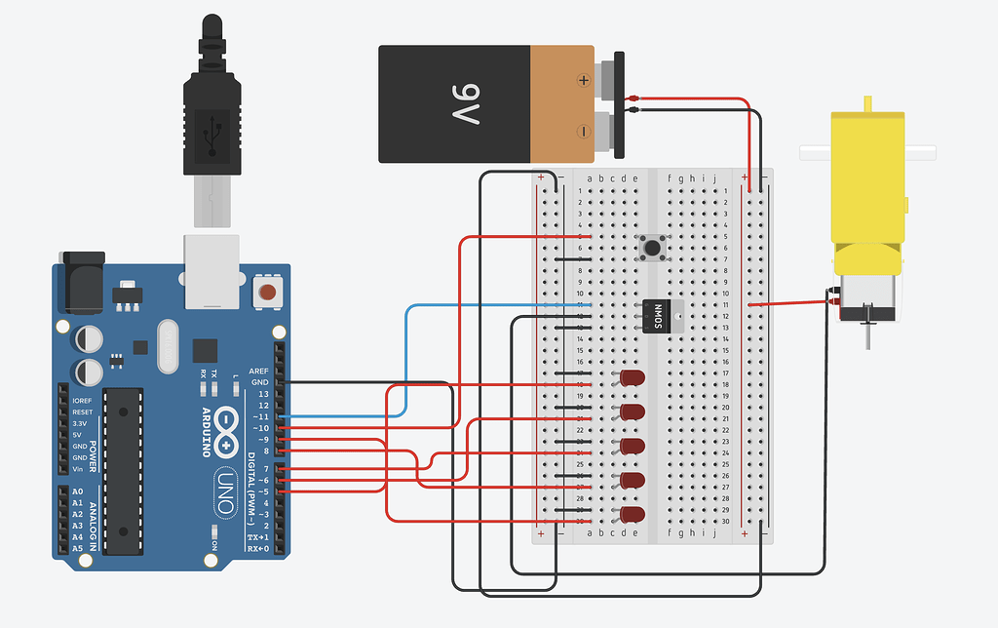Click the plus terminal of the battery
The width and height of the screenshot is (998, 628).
pos(584,80)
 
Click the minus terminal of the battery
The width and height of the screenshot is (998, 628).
pos(584,130)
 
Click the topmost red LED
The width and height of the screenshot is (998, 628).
pos(633,377)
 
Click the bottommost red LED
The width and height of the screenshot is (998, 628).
pos(633,514)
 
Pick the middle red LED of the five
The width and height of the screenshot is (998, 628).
pos(633,446)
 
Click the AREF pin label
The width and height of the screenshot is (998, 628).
pos(259,372)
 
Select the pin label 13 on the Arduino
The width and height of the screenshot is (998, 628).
pos(263,394)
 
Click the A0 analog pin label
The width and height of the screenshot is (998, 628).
pos(78,492)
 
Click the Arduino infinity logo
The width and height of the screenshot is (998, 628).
pos(227,428)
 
